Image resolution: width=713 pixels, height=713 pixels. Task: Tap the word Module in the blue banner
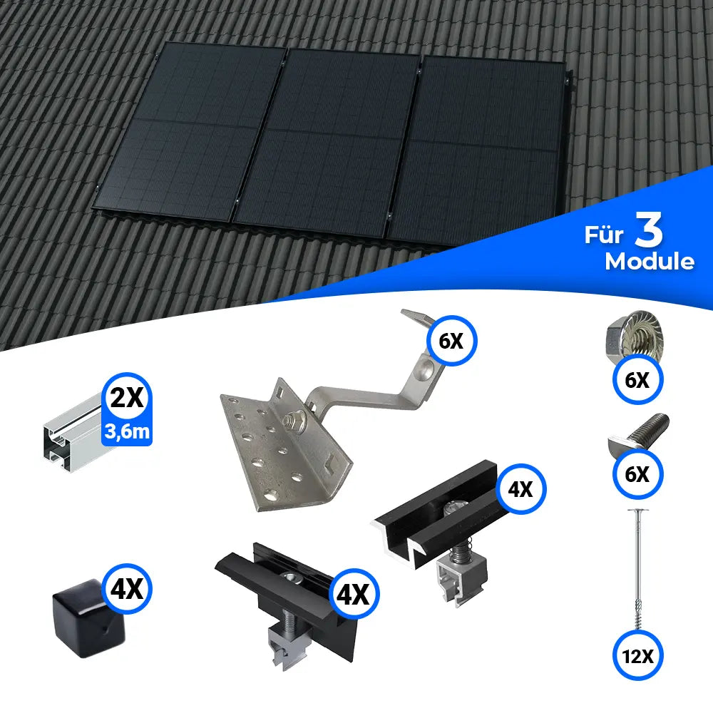pyautogui.click(x=649, y=262)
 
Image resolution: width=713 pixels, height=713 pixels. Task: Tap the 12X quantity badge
pyautogui.click(x=637, y=653)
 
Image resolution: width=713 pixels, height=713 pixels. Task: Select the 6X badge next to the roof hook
pyautogui.click(x=451, y=342)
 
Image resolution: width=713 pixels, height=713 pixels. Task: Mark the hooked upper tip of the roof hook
pyautogui.click(x=416, y=317)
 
